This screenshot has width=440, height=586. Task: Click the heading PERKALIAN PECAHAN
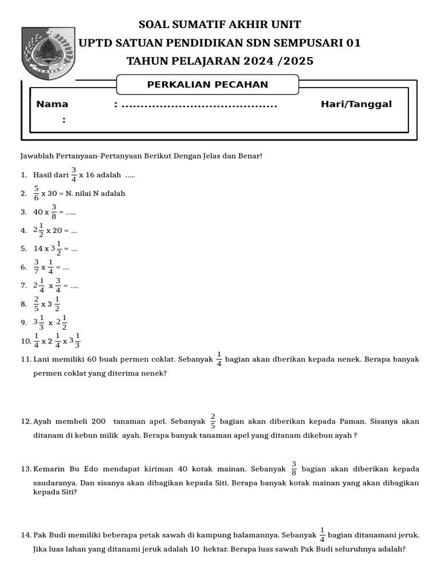207,85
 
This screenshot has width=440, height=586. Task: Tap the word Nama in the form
52,104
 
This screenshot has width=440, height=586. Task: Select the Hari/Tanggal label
356,104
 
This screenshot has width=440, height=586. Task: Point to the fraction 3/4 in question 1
73,175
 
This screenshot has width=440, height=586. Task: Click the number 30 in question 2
54,193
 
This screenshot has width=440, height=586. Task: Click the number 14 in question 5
38,248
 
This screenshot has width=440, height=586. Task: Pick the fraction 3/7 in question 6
36,267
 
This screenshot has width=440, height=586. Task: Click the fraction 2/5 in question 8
36,304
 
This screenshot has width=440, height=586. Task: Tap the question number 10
25,341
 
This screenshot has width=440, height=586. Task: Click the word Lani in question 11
42,359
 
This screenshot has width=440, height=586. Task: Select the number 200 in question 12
98,421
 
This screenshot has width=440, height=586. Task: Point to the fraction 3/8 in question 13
294,469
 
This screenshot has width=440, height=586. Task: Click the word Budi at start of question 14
56,535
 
